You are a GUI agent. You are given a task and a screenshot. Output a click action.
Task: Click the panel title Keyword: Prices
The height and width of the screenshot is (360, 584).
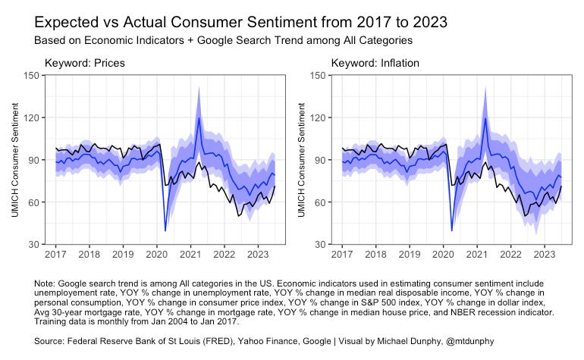coord(84,63)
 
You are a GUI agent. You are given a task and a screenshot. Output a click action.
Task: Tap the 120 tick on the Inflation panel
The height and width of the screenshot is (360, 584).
coord(320,117)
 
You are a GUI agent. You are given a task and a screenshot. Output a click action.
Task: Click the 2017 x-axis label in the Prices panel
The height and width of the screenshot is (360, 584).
coord(55,255)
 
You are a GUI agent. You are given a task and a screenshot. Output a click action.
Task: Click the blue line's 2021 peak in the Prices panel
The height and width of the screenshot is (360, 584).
coord(199,117)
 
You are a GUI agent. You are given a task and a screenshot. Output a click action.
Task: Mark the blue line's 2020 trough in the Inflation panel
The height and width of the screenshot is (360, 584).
coord(452,230)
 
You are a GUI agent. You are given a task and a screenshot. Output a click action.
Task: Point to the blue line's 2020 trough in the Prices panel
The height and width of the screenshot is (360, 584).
coord(165,230)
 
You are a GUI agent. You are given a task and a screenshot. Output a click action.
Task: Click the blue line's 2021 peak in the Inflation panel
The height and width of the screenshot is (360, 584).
coord(485,117)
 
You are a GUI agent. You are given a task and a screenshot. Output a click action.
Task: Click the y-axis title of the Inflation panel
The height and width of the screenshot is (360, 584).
coord(303,160)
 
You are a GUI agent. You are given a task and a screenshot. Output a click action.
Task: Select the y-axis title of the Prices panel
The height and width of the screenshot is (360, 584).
coord(15,160)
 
